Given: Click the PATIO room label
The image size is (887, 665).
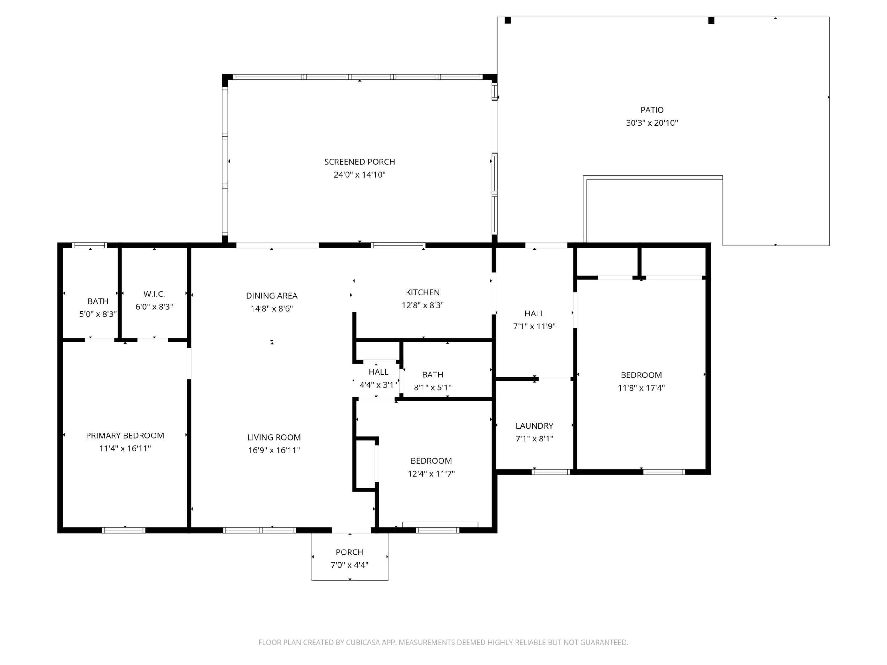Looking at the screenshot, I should pyautogui.click(x=652, y=110).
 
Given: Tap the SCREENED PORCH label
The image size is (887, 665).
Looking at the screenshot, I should pyautogui.click(x=359, y=162).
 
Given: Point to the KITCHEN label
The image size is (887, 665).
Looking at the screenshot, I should pyautogui.click(x=423, y=292).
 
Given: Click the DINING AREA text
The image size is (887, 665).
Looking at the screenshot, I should pyautogui.click(x=271, y=296).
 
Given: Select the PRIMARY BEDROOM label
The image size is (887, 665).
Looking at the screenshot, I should pyautogui.click(x=125, y=436).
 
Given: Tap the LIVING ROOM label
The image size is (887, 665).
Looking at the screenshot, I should pyautogui.click(x=274, y=437).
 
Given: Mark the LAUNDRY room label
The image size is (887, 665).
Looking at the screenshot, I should pyautogui.click(x=534, y=426).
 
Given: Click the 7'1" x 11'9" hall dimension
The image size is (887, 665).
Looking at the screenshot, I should pyautogui.click(x=534, y=326).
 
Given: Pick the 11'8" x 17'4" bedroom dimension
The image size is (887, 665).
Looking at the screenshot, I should pyautogui.click(x=641, y=388).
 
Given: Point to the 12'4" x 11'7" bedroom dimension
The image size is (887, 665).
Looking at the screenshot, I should pyautogui.click(x=431, y=474).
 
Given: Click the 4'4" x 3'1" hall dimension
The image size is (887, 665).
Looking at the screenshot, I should pyautogui.click(x=378, y=385).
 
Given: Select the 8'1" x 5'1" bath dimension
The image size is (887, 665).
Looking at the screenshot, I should pyautogui.click(x=432, y=388).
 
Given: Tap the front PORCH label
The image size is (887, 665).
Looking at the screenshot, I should pyautogui.click(x=349, y=552).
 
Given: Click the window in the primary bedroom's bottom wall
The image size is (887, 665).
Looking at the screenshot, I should pyautogui.click(x=124, y=530).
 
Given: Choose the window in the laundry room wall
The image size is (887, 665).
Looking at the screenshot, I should pyautogui.click(x=551, y=472).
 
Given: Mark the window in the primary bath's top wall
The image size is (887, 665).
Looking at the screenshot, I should pyautogui.click(x=89, y=245).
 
